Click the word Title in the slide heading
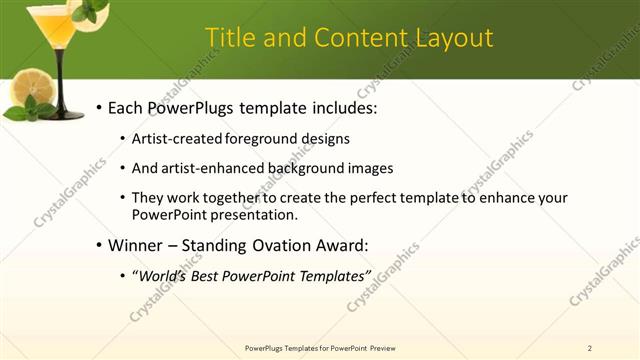click(229, 38)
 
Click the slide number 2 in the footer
click(589, 348)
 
